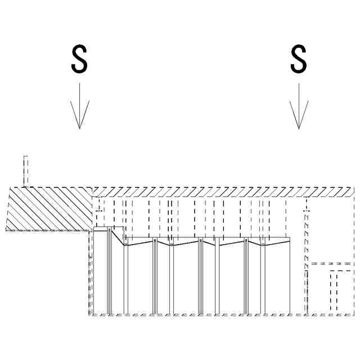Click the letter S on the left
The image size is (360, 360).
pos(79,59)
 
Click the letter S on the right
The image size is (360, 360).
pos(298,59)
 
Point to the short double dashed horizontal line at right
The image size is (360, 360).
pos(332,263)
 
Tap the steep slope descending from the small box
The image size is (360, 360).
pos(118,237)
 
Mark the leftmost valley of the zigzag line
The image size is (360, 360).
pos(125,245)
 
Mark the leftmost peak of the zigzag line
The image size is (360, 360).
pos(155,240)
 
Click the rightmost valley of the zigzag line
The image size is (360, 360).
pos(262,245)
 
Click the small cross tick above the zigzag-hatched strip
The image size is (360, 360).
pos(307,211)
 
